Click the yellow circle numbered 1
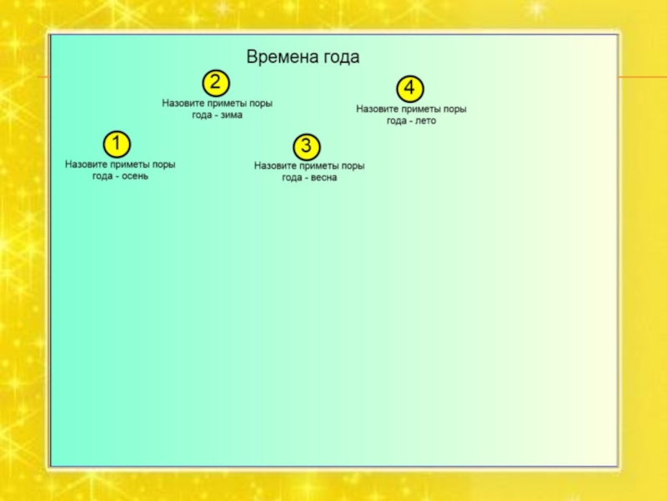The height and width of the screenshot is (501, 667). point(116,144)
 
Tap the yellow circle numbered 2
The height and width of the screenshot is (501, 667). point(215,82)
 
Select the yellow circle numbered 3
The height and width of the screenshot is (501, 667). point(307,147)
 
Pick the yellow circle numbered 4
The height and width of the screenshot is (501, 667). point(409,88)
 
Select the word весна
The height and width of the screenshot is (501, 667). point(323,178)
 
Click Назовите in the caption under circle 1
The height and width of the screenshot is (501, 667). point(86,164)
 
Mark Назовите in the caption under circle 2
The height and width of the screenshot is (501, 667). point(183,104)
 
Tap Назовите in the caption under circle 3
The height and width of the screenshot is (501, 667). point(275,166)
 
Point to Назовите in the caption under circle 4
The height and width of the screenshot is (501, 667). point(377,109)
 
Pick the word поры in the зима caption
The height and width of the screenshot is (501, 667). point(261,104)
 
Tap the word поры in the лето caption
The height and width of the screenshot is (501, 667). point(454,109)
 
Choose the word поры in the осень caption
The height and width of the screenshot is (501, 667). point(163,164)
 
